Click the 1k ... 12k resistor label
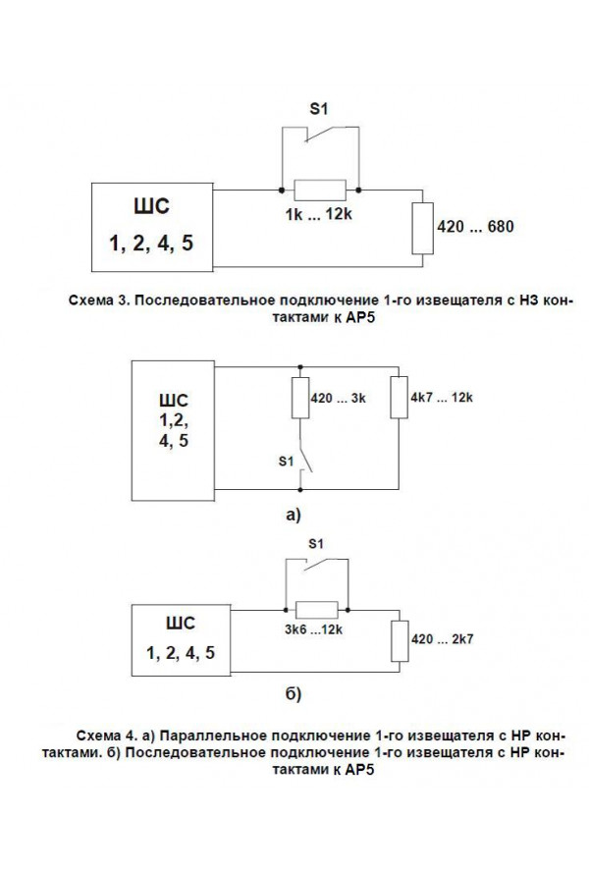(x=319, y=214)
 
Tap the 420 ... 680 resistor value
(x=475, y=226)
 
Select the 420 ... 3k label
(x=338, y=398)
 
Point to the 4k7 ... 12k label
(x=442, y=398)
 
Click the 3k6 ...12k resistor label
(x=314, y=629)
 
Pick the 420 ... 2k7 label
(x=442, y=639)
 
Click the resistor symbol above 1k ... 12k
(x=320, y=191)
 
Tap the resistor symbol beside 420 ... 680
(x=423, y=229)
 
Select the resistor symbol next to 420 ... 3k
(x=300, y=398)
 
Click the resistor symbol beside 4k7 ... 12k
(x=399, y=398)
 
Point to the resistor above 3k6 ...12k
(x=316, y=610)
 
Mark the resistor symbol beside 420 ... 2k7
(x=400, y=641)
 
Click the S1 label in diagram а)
(x=286, y=461)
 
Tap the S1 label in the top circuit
(x=319, y=108)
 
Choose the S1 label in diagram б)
(x=316, y=543)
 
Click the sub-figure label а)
(x=294, y=515)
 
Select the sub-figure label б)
(x=294, y=693)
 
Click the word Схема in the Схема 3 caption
(x=90, y=300)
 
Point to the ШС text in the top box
(x=151, y=206)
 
